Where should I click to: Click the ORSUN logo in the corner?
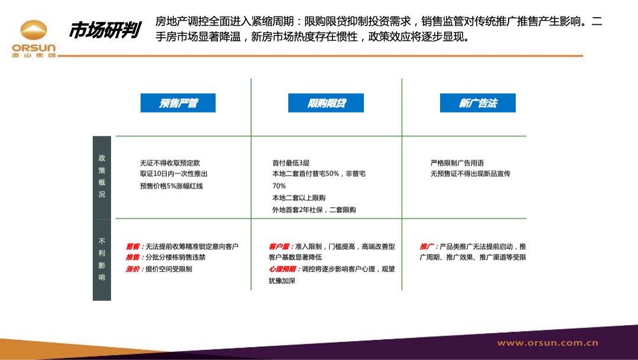tap(34, 39)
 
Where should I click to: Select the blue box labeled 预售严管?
tap(178, 103)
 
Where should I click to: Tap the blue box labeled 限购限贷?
tap(326, 103)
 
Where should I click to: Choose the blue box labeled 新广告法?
tap(477, 103)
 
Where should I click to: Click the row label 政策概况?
tap(102, 176)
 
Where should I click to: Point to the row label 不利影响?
tap(102, 259)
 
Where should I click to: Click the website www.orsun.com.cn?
tap(547, 343)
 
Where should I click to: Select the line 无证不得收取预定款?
tap(174, 163)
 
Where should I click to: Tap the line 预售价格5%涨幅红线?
tap(171, 186)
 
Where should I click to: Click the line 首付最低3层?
tap(291, 163)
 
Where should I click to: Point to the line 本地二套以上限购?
tap(299, 198)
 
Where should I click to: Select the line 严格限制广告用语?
tap(457, 163)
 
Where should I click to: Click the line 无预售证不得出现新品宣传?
tap(470, 174)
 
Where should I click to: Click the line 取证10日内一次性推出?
tap(174, 174)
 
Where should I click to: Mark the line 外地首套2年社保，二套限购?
tap(314, 210)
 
